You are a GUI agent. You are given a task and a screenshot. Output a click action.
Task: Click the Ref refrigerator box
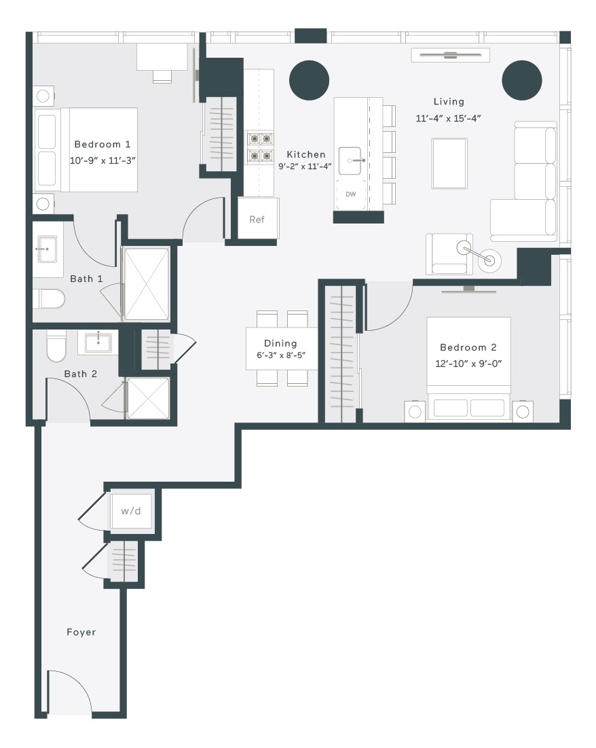tap(258, 219)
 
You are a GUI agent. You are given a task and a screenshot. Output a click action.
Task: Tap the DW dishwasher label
tap(350, 194)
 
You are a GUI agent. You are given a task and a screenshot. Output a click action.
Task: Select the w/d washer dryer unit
tap(130, 511)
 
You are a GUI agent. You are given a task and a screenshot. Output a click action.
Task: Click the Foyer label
tap(81, 632)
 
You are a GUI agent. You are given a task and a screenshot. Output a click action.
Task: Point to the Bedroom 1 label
tap(102, 144)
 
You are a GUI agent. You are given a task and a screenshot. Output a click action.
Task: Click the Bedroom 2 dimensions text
tap(468, 363)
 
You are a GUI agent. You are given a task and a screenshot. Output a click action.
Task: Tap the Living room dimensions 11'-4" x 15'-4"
tap(448, 118)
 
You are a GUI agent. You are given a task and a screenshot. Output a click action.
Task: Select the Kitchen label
tap(306, 155)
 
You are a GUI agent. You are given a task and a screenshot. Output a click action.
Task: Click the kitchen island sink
tap(350, 161)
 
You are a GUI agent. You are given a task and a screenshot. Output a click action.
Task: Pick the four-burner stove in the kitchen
tap(261, 147)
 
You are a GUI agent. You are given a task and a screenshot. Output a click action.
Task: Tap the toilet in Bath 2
tap(56, 346)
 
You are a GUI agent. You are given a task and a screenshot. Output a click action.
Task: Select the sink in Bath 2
tap(98, 342)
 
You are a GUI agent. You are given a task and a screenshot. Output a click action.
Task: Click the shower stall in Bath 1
tap(146, 284)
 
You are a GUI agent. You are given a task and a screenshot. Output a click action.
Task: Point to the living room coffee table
tap(449, 164)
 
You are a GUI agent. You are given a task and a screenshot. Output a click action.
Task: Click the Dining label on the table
tap(280, 343)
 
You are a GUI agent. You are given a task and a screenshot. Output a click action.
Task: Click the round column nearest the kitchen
tap(310, 80)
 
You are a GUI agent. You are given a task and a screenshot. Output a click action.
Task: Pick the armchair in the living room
tap(449, 254)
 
